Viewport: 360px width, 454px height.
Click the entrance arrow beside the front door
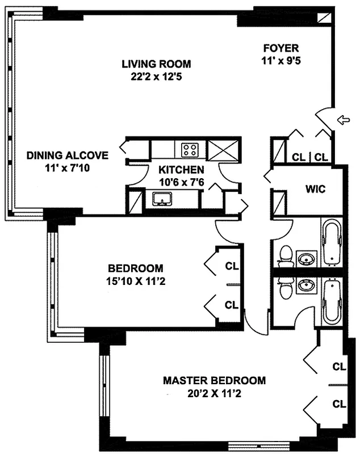[x=344, y=120]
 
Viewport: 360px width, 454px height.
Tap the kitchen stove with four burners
[x=190, y=150]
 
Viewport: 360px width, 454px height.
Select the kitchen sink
[x=162, y=199]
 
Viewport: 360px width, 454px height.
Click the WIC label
[x=315, y=189]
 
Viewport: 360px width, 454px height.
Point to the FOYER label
[x=281, y=48]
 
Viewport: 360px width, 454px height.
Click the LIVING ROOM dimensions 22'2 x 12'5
[x=156, y=77]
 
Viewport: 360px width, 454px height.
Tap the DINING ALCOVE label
[x=68, y=155]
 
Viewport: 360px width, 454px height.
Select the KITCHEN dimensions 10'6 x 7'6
[x=182, y=182]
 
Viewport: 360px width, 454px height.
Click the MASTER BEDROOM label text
[x=214, y=380]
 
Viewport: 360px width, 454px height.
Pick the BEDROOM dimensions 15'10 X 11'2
[x=136, y=281]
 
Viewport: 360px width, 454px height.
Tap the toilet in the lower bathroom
[x=286, y=288]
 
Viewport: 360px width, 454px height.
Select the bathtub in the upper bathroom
[x=332, y=242]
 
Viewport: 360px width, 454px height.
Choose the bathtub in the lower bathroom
[x=332, y=302]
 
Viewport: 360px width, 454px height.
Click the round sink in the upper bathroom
[x=307, y=258]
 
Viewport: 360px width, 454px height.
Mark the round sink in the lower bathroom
[x=307, y=285]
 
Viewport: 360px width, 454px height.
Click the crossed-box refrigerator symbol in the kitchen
[x=224, y=150]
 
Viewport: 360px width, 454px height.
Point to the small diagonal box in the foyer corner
[x=324, y=18]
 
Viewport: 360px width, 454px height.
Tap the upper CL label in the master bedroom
[x=339, y=367]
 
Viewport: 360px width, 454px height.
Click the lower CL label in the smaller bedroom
[x=232, y=305]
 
